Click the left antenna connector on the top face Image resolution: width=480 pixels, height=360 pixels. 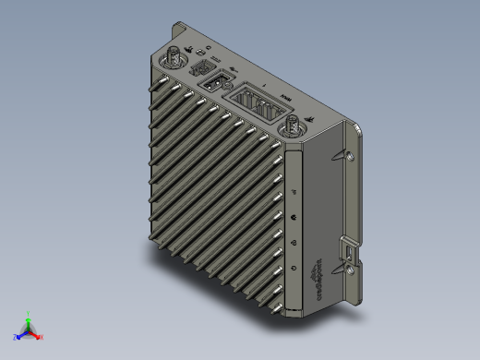pos(173,60)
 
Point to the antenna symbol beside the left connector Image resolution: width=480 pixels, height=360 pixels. pos(188,49)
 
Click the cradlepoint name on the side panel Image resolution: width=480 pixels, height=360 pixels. pos(319,281)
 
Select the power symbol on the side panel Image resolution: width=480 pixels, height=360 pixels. pos(294,268)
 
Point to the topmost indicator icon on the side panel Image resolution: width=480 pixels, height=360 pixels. pos(294,192)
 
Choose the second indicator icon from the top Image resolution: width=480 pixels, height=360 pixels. pos(294,218)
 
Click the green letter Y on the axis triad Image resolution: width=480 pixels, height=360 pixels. pos(30,313)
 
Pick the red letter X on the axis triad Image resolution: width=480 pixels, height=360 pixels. pos(42,337)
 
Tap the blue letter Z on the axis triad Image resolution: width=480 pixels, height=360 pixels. pos(16,338)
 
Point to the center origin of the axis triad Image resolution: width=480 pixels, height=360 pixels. pos(30,330)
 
